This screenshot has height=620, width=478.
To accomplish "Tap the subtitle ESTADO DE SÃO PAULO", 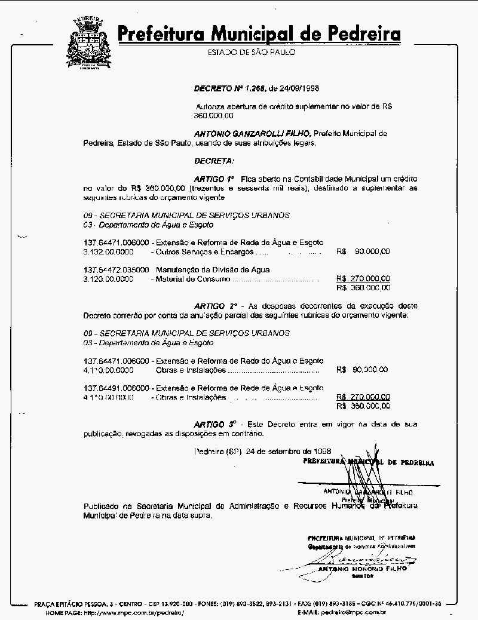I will coord(251,53).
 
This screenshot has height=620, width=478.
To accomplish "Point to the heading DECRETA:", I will coord(215,161).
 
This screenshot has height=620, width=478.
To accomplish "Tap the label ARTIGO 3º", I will coord(214,424).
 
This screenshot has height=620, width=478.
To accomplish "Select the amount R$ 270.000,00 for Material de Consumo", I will coord(363,278).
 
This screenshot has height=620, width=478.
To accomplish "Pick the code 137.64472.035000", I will coord(117,270).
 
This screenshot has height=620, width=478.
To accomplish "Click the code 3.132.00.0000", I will coord(108,251).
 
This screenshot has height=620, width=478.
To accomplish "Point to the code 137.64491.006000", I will coord(117,388).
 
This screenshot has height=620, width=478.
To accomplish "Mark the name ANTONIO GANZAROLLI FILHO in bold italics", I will coord(252,134).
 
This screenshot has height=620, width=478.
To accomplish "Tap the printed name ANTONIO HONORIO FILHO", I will coord(363,569).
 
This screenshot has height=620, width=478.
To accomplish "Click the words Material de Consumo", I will coord(191,279).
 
